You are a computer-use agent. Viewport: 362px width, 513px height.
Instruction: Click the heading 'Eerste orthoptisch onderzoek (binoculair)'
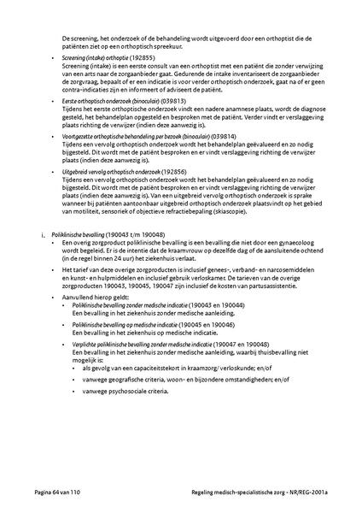[108, 101]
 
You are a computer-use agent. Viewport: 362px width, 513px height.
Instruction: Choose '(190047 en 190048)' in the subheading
[217, 342]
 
